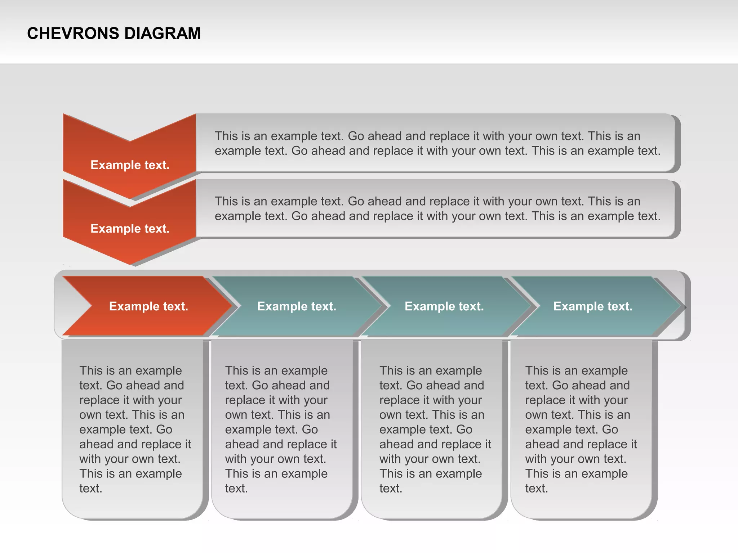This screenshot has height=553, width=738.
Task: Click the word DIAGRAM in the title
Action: (163, 33)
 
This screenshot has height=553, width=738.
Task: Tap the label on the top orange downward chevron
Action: (130, 165)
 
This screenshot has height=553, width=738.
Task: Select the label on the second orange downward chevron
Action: (130, 229)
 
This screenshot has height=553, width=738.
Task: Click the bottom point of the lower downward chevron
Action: (130, 264)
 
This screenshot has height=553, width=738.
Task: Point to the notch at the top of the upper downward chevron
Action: (130, 140)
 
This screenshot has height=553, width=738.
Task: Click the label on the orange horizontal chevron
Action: (148, 306)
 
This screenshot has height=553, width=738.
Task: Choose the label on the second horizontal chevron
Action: (297, 306)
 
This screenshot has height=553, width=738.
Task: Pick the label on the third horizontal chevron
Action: (444, 306)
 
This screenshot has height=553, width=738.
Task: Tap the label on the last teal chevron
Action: (593, 306)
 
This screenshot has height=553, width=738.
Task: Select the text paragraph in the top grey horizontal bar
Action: (437, 143)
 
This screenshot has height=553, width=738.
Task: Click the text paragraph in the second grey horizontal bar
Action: (437, 208)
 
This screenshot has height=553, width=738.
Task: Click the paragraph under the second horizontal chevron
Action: (281, 429)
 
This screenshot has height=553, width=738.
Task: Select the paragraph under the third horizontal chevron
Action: (435, 429)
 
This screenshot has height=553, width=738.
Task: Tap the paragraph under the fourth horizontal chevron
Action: (581, 429)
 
